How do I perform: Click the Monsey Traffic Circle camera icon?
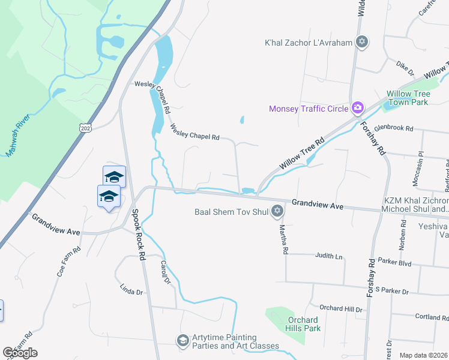[358, 108]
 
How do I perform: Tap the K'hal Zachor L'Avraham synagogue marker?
[361, 42]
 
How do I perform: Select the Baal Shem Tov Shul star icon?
[277, 211]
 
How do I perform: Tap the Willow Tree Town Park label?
[408, 98]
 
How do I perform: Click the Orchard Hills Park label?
[304, 324]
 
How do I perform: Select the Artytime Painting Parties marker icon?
[182, 341]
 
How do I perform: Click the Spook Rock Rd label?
[139, 234]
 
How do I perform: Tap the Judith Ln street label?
[330, 256]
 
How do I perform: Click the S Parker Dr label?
[389, 292]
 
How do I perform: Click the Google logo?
[20, 353]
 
